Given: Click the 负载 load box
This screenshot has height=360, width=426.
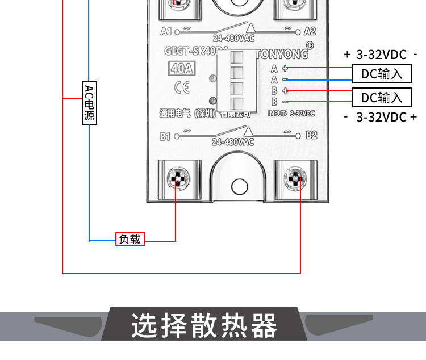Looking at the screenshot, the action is tap(130, 239).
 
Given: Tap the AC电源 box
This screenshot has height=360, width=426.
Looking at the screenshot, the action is tap(89, 103).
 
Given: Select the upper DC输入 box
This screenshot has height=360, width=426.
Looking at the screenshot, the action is tap(381, 74).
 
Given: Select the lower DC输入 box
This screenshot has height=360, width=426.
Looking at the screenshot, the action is tap(381, 97).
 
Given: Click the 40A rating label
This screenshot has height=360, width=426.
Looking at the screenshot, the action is tap(181, 69).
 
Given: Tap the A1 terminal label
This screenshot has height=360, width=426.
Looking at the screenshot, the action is tap(167, 31).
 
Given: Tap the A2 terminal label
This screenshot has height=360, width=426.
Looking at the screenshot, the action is tap(310, 31).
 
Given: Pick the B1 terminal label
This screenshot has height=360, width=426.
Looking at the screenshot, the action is tap(166, 136).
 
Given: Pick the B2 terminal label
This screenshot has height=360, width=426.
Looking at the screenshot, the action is tap(311, 135).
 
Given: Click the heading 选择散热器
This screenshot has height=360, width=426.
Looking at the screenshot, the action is tap(204, 326).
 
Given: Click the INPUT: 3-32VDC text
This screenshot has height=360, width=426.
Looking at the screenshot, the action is tap(291, 114).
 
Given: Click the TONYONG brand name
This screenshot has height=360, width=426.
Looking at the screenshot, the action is tap(282, 55).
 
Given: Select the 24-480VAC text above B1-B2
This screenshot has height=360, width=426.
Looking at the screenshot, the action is tap(233, 142).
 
